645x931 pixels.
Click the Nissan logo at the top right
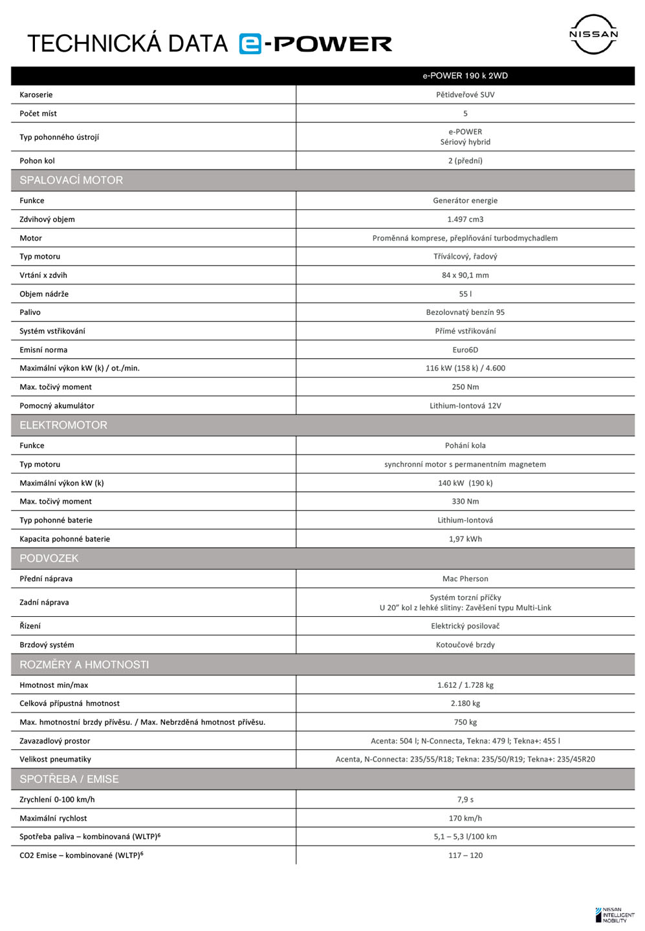coord(593,34)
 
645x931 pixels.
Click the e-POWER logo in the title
coord(315,43)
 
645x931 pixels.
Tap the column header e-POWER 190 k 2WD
coord(465,76)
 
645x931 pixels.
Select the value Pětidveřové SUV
coord(465,94)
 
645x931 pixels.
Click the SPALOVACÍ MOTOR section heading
coord(71,180)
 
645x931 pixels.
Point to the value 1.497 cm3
coord(465,219)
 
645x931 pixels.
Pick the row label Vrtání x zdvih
coord(43,275)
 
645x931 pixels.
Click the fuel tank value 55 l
coord(465,294)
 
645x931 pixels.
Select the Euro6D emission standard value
coord(465,350)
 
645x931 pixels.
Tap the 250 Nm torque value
coord(465,387)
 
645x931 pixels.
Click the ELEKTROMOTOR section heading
coord(63,425)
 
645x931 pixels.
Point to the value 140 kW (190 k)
coord(465,483)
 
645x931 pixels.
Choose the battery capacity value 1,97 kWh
coord(465,539)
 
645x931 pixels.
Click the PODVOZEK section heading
coord(49,559)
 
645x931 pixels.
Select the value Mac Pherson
coord(465,579)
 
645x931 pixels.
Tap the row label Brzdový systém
coord(47,645)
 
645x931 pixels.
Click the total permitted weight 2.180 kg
coord(465,703)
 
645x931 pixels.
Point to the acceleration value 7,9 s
coord(465,800)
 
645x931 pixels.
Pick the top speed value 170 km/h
coord(465,819)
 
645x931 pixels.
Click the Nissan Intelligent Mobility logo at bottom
coord(615,915)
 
